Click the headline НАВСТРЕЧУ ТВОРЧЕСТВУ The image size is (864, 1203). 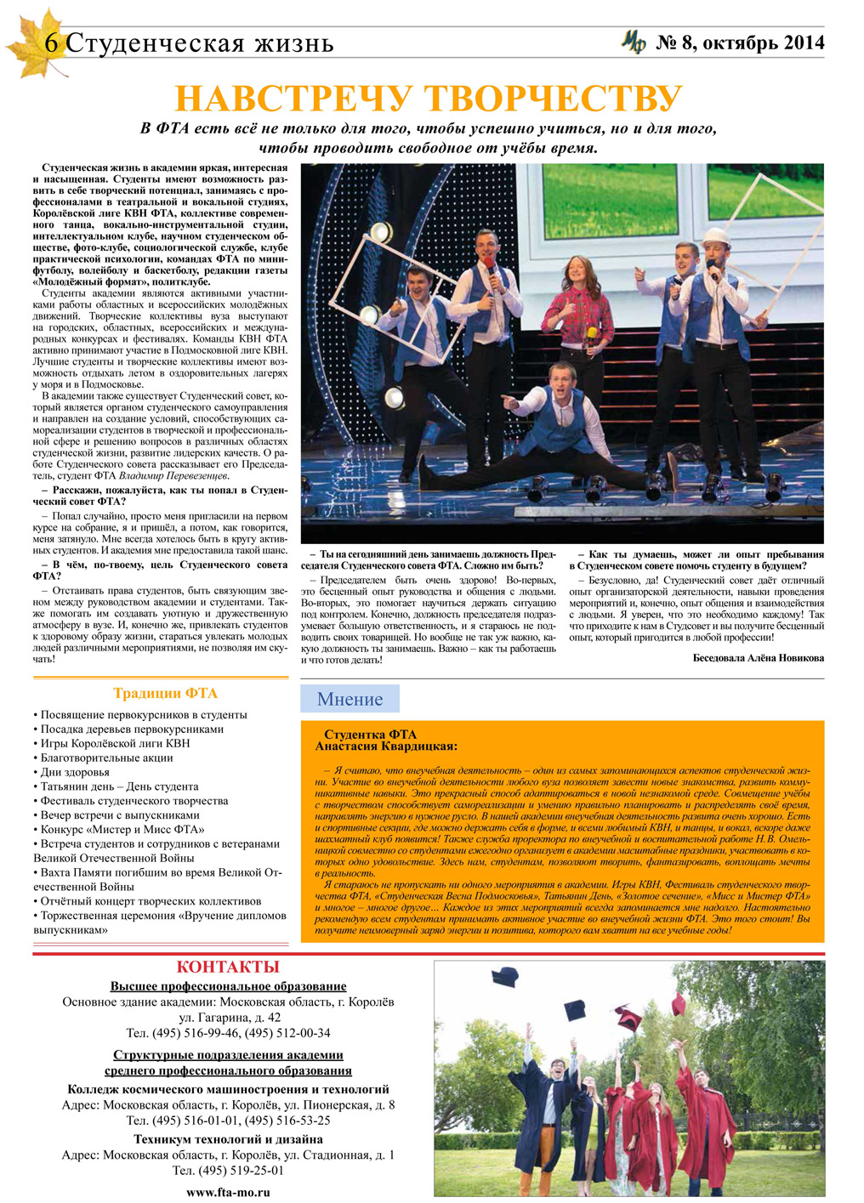tap(428, 99)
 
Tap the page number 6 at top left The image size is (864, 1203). tap(52, 43)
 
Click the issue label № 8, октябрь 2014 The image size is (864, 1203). tap(740, 43)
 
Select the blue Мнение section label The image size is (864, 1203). tap(350, 699)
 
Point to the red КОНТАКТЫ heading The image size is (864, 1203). tap(227, 967)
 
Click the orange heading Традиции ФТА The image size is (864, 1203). tap(165, 693)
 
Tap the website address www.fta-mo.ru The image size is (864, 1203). tap(228, 1192)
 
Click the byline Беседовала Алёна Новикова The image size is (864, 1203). tap(758, 657)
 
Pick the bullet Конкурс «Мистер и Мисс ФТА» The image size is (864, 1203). tap(122, 829)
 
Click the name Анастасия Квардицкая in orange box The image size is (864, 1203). tap(386, 746)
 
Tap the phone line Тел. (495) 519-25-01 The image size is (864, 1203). tap(228, 1170)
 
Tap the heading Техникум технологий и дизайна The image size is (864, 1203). tap(228, 1139)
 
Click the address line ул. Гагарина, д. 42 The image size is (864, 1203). tap(229, 1018)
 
